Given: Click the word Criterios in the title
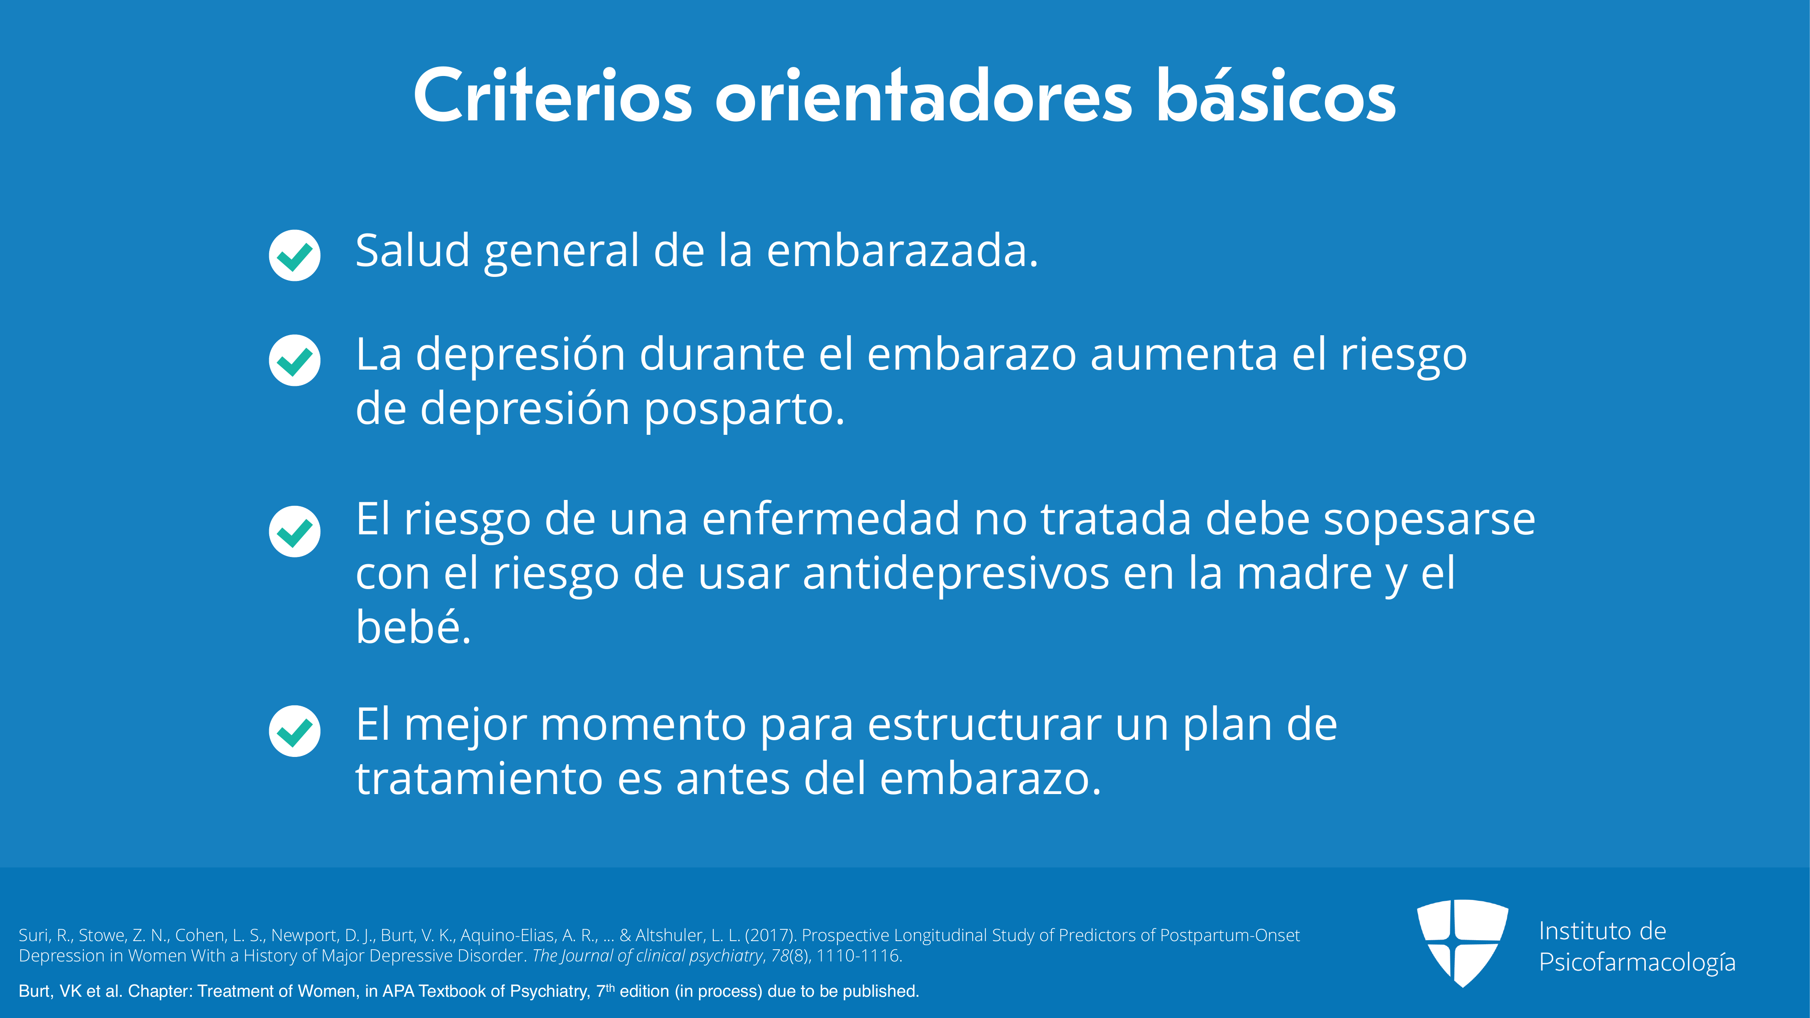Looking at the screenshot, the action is [553, 96].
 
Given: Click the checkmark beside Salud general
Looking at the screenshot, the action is [295, 255].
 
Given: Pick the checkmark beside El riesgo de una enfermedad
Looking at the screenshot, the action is [295, 531].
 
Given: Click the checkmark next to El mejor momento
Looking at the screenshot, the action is [295, 731].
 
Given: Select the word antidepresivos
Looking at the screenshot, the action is [956, 575].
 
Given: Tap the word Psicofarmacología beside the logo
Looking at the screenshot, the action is [1637, 962].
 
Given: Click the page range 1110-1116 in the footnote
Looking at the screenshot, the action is [857, 956].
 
